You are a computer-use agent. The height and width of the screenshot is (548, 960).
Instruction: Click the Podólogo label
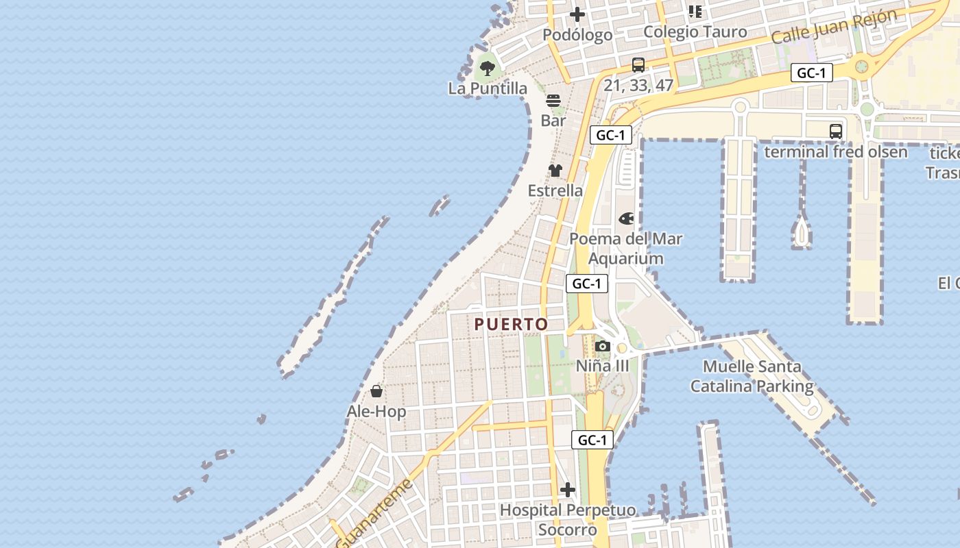point(577,35)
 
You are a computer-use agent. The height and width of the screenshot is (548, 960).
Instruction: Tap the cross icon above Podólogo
point(577,14)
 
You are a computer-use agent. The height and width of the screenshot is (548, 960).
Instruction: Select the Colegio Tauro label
point(695,32)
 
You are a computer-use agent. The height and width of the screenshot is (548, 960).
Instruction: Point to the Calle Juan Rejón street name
point(834,26)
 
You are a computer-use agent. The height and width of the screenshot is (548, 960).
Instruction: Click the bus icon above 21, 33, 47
point(638,65)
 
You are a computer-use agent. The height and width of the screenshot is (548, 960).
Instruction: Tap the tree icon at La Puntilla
point(488,68)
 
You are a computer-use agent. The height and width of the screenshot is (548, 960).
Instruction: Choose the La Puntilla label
point(488,88)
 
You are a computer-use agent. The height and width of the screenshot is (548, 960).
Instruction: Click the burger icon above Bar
point(553,101)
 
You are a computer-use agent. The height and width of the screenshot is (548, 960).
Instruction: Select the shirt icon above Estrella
point(555,171)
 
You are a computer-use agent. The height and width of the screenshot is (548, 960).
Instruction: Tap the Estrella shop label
point(555,190)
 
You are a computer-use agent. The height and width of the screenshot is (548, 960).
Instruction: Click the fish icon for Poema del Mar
point(626,219)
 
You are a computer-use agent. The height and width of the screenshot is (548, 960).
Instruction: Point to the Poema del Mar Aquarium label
point(626,249)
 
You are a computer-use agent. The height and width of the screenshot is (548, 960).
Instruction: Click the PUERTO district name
point(512,325)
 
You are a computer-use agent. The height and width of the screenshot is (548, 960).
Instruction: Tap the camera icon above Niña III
point(602,346)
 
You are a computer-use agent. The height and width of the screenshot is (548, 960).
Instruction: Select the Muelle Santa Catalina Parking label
point(752,377)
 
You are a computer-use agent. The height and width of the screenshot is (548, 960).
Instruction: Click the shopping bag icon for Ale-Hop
point(376,391)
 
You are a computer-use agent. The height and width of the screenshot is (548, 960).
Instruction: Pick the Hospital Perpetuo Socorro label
point(567,520)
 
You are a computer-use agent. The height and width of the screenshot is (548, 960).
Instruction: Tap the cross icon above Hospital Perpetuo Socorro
point(568,490)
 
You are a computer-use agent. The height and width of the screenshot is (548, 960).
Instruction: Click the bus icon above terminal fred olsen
point(835,131)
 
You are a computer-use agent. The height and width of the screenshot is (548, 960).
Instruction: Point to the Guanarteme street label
point(376,514)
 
